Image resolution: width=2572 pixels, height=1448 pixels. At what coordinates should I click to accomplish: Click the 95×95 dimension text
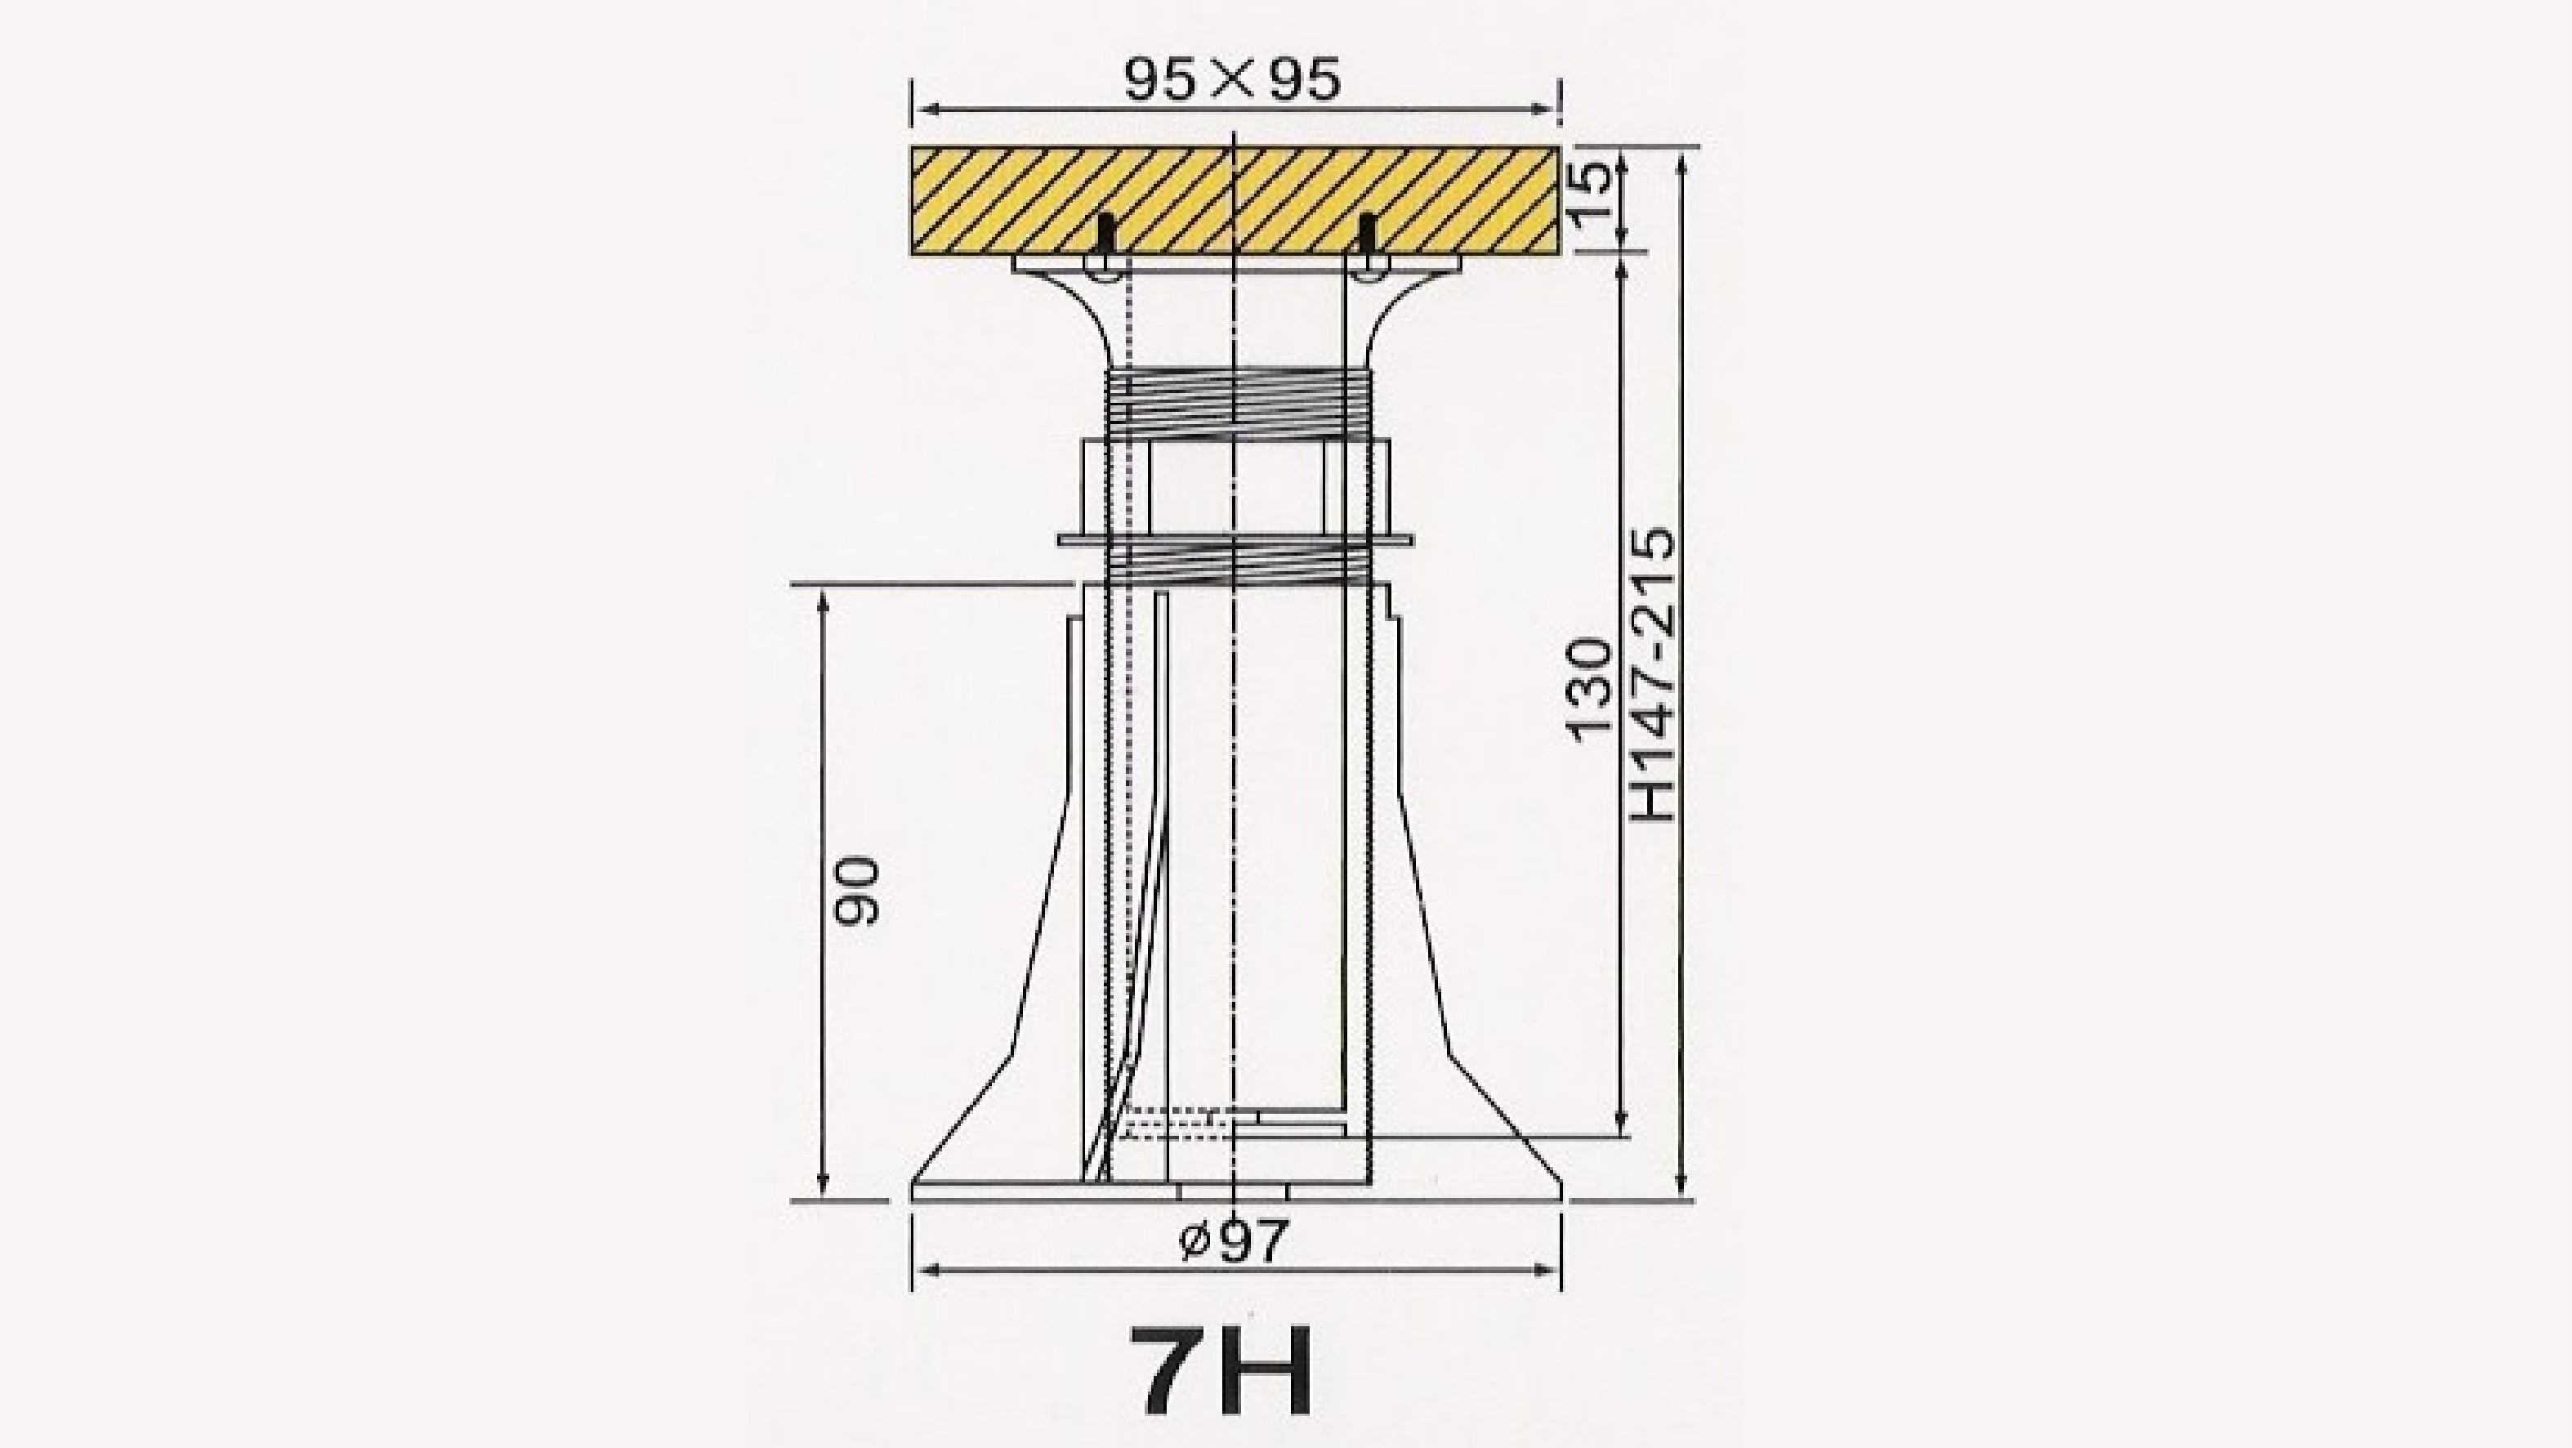pyautogui.click(x=1232, y=79)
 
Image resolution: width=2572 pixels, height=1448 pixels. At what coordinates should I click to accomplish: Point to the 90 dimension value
pyautogui.click(x=858, y=892)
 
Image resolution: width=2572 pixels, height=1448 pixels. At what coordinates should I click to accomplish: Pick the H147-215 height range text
pyautogui.click(x=1651, y=675)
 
